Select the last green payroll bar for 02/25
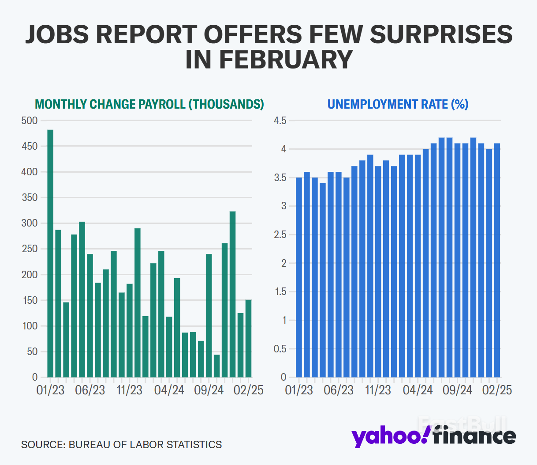point(249,338)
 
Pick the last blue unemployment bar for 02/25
point(497,260)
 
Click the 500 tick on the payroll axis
point(30,121)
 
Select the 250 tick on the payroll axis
point(30,249)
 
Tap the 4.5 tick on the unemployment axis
point(280,121)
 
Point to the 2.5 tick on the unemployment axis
point(280,235)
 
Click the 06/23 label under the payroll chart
point(90,390)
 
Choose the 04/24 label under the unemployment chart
point(418,390)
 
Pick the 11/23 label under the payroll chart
point(130,390)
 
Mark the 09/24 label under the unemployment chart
point(457,390)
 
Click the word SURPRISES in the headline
point(441,34)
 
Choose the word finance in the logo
point(474,436)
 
